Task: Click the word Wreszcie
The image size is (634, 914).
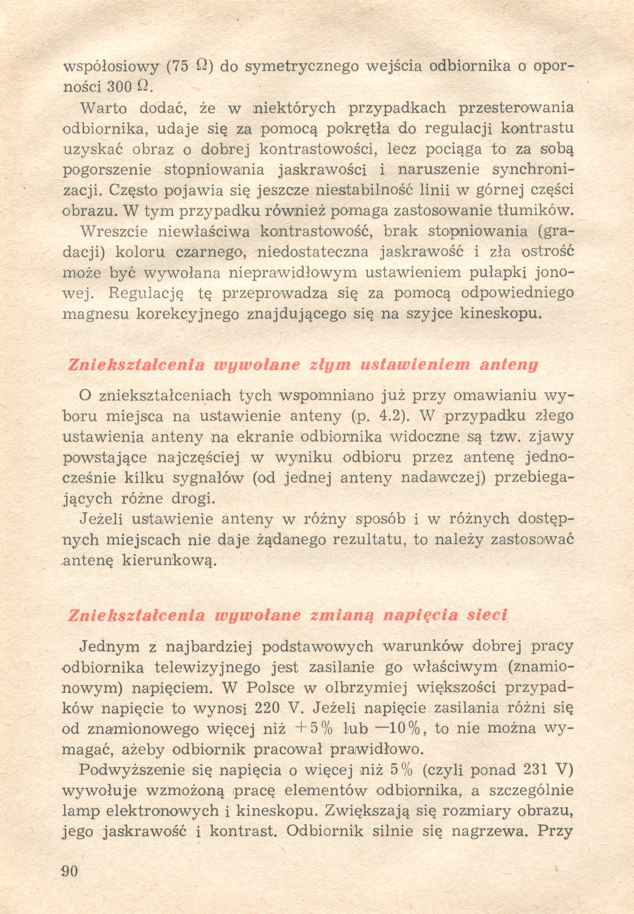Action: coord(114,232)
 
